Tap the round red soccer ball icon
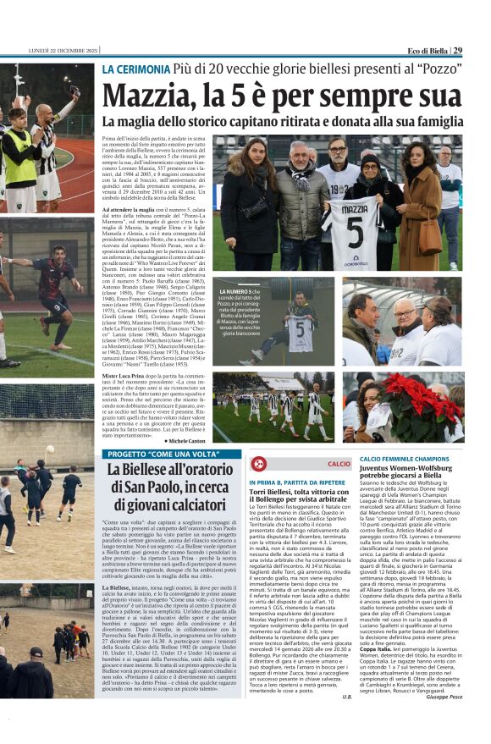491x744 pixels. pos(258,464)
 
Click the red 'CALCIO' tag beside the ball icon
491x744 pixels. pos(339,464)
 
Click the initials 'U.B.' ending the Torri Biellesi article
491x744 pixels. pos(345,696)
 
